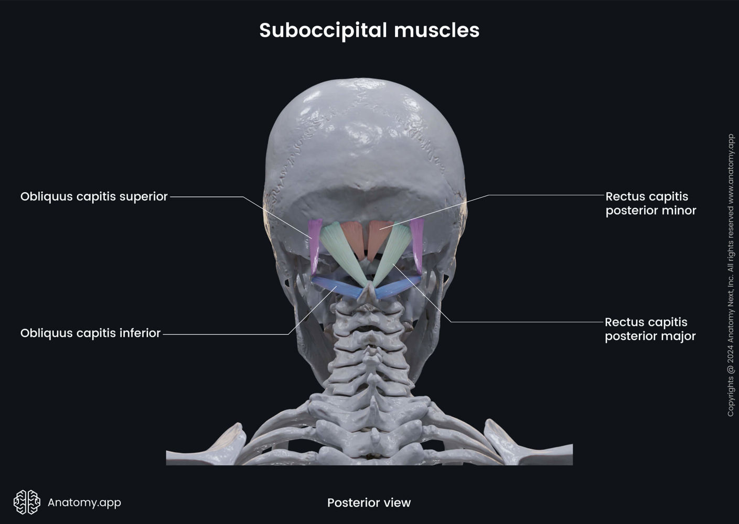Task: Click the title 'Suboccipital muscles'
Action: pyautogui.click(x=369, y=30)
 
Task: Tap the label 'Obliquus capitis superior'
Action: pyautogui.click(x=94, y=196)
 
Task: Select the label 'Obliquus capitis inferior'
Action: pyautogui.click(x=90, y=333)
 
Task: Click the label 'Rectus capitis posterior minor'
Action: pyautogui.click(x=650, y=203)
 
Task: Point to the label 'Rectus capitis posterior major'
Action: pyautogui.click(x=650, y=329)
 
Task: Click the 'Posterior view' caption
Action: pyautogui.click(x=369, y=503)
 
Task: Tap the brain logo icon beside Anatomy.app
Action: pyautogui.click(x=27, y=502)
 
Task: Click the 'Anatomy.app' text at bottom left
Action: pyautogui.click(x=84, y=502)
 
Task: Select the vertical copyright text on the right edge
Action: pyautogui.click(x=731, y=275)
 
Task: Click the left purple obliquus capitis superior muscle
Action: pyautogui.click(x=314, y=244)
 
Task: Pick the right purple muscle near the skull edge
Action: pyautogui.click(x=417, y=244)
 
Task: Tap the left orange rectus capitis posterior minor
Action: pyautogui.click(x=353, y=236)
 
